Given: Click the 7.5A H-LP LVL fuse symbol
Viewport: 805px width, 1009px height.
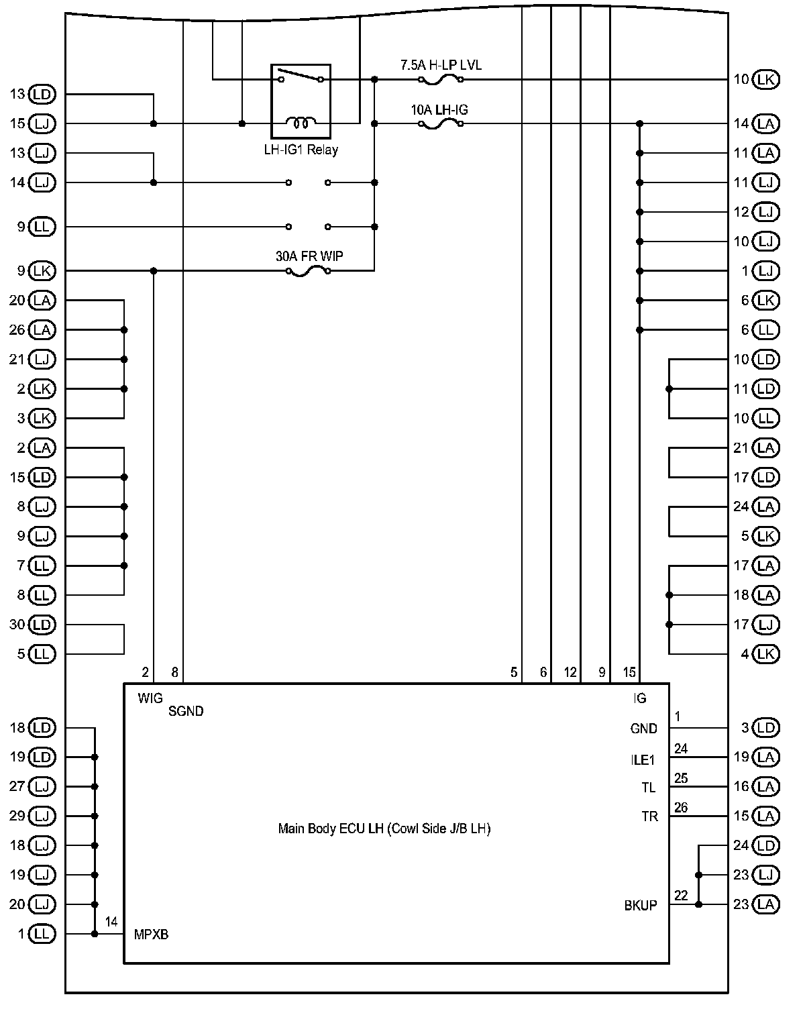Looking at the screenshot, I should click(x=440, y=79).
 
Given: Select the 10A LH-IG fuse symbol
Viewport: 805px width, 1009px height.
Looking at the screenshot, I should click(x=440, y=124).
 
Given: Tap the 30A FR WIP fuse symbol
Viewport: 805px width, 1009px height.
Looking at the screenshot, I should click(x=308, y=271).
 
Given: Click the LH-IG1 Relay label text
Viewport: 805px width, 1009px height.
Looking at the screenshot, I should click(x=301, y=150).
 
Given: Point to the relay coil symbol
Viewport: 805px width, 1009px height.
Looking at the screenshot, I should click(x=301, y=123).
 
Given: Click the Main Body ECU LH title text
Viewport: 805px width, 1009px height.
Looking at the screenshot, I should click(x=384, y=829).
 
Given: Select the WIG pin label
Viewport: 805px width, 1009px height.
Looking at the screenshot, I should click(x=150, y=698).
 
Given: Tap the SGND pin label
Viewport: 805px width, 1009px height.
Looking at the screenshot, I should click(x=186, y=711).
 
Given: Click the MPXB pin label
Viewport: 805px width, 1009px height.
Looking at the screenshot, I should click(x=151, y=935).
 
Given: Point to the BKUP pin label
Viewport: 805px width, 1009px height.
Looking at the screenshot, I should click(x=641, y=905).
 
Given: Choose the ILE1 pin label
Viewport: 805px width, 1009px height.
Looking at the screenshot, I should click(x=643, y=759).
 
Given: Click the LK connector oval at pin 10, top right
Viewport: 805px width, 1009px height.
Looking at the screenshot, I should click(x=765, y=79).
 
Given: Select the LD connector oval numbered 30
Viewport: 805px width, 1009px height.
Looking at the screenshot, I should click(x=42, y=625).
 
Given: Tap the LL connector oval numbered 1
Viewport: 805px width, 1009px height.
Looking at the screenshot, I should click(x=42, y=934).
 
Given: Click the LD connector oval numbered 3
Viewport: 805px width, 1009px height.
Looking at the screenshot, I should click(x=765, y=728).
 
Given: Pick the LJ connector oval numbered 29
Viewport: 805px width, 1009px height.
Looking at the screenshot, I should click(x=42, y=816).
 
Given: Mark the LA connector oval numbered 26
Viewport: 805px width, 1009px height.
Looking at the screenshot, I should click(x=42, y=330).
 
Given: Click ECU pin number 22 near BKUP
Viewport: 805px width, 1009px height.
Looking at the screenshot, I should click(x=681, y=896).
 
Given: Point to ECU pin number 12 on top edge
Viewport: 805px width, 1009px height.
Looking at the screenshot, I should click(x=570, y=672).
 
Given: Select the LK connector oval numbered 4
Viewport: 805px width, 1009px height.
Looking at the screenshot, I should click(x=765, y=653).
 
